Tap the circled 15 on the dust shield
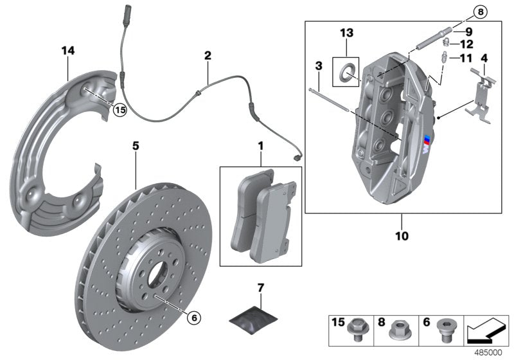pos(120,109)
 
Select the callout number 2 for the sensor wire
pos(208,57)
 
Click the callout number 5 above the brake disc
pos(136,146)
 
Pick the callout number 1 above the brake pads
pos(260,147)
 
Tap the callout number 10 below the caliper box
pos(402,236)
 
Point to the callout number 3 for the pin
pos(317,66)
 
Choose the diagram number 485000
pos(490,353)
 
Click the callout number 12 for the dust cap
pos(466,44)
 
